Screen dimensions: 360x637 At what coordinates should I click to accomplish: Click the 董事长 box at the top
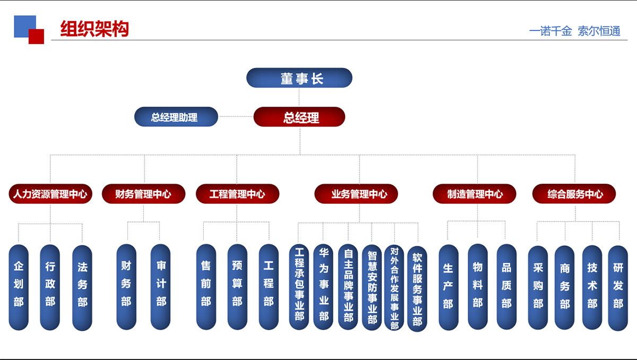click(x=299, y=78)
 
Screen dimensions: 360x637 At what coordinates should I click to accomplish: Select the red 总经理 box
click(x=299, y=117)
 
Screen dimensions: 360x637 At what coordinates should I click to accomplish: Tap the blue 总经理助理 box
click(x=176, y=117)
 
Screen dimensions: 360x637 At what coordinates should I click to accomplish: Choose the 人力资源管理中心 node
click(x=50, y=194)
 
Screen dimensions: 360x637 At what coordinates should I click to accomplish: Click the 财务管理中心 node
click(x=143, y=194)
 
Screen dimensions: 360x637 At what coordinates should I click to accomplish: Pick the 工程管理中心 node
click(x=237, y=194)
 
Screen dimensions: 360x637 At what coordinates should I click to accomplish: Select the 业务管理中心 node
click(x=359, y=194)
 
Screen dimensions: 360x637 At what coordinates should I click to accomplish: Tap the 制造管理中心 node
click(x=475, y=194)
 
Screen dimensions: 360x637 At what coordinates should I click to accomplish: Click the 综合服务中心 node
click(x=575, y=194)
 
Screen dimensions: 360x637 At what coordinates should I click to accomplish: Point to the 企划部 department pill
click(x=19, y=287)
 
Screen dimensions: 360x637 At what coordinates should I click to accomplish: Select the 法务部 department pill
click(x=82, y=287)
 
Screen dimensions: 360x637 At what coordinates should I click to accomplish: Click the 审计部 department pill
click(x=161, y=287)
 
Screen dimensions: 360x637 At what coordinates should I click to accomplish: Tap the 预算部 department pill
click(x=237, y=287)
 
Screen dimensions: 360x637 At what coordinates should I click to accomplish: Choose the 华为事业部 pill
click(x=323, y=287)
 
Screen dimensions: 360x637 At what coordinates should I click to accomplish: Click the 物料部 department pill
click(x=478, y=287)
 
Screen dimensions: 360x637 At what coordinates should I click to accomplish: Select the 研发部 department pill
click(x=618, y=287)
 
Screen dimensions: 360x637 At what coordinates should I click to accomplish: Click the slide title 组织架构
click(x=94, y=29)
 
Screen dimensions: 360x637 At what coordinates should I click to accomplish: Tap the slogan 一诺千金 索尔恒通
click(x=574, y=31)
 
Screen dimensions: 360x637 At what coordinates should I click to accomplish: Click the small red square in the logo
click(x=36, y=37)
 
